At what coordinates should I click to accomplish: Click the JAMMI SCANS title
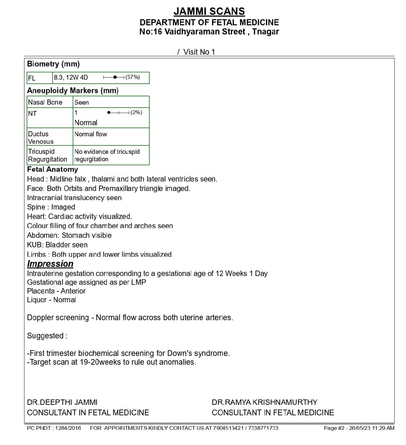tap(209, 11)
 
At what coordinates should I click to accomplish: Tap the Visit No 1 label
tap(199, 52)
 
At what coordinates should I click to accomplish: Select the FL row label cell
tap(39, 78)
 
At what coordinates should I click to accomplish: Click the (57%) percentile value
tap(133, 77)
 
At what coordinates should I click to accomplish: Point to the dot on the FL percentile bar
tap(115, 77)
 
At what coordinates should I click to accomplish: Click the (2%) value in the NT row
tap(136, 112)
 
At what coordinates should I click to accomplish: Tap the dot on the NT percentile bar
tap(109, 112)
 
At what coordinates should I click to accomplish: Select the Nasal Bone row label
tap(45, 102)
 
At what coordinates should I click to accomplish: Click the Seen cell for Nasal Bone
tap(82, 102)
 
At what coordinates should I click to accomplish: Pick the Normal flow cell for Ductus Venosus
tap(91, 134)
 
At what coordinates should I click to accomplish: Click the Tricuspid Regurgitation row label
tap(47, 155)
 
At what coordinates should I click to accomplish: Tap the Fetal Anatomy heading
tap(52, 169)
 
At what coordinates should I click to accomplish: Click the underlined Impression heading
tap(50, 264)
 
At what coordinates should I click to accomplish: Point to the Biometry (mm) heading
tap(53, 64)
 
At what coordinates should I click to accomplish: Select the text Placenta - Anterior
tap(56, 291)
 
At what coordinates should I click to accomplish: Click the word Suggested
tap(45, 336)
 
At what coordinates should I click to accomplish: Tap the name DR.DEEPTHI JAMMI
tap(62, 402)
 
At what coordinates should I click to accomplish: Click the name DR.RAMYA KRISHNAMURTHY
tap(264, 402)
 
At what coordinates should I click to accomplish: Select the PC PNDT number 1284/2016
tap(68, 428)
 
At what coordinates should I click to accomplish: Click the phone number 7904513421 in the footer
tap(228, 428)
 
